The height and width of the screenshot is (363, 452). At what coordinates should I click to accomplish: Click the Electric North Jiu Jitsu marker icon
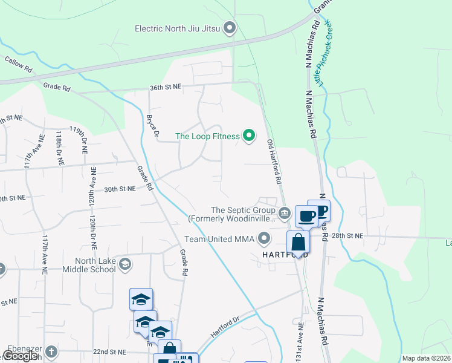(x=229, y=28)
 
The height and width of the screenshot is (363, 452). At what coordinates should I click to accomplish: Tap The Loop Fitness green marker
(x=248, y=136)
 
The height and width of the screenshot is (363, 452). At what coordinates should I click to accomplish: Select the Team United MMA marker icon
(x=263, y=239)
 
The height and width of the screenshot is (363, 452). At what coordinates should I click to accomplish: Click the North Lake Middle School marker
(x=125, y=263)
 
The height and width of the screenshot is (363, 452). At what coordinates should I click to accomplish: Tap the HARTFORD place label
(x=285, y=255)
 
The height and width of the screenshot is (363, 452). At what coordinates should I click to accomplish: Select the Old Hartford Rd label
(x=274, y=162)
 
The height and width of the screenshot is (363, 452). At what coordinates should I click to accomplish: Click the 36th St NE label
(x=166, y=88)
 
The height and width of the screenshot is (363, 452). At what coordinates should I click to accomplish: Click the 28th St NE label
(x=348, y=235)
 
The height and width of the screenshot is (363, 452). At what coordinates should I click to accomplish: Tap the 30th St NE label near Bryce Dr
(x=118, y=189)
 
